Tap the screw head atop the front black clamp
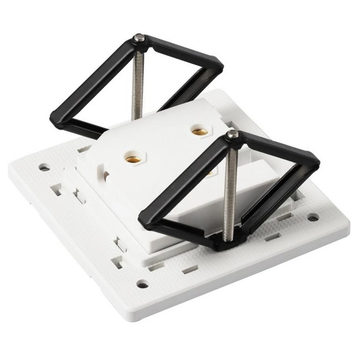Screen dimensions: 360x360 pos(233,134)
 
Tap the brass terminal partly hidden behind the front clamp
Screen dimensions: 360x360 pos(210,174)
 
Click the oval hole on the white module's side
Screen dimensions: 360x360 pos(106,175)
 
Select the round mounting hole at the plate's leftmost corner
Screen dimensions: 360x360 pos(44,167)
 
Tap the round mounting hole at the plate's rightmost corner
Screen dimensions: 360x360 pos(313,217)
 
